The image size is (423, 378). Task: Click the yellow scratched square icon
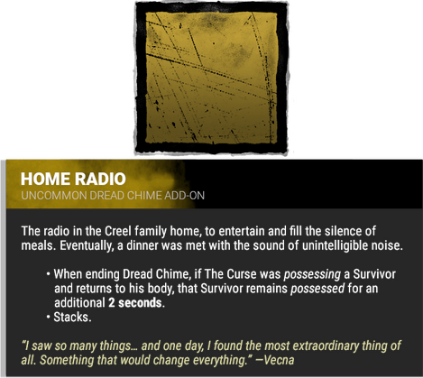click(x=211, y=78)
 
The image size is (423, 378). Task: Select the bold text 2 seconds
click(x=138, y=302)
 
